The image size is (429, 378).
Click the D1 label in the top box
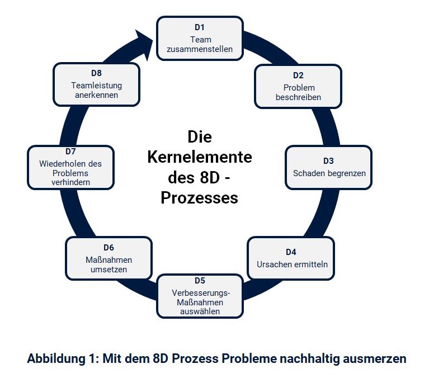pyautogui.click(x=200, y=26)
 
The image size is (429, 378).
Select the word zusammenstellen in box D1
pyautogui.click(x=200, y=49)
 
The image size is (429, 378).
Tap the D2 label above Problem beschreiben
pyautogui.click(x=298, y=75)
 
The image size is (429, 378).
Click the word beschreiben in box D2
pyautogui.click(x=298, y=97)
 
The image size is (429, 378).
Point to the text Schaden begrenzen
pyautogui.click(x=329, y=173)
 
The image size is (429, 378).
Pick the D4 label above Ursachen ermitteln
pyautogui.click(x=291, y=252)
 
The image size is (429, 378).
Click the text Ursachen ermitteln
pyautogui.click(x=292, y=264)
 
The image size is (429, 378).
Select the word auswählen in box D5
pyautogui.click(x=200, y=311)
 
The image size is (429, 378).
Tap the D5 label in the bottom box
pyautogui.click(x=200, y=280)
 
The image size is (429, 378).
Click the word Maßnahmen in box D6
pyautogui.click(x=109, y=260)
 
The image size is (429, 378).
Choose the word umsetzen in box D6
pyautogui.click(x=109, y=270)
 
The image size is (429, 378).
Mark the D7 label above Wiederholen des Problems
pyautogui.click(x=70, y=152)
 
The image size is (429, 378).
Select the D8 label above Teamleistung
pyautogui.click(x=96, y=73)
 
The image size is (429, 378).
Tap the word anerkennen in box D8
pyautogui.click(x=96, y=95)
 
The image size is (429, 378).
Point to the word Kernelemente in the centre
pyautogui.click(x=200, y=157)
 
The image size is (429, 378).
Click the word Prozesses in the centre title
pyautogui.click(x=200, y=198)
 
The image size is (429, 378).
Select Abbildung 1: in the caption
pyautogui.click(x=63, y=358)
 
